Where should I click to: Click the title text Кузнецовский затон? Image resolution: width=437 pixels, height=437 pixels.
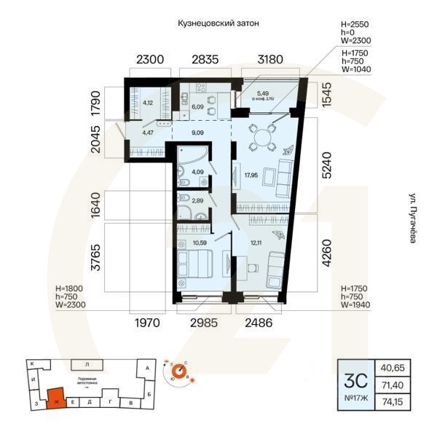pyautogui.click(x=219, y=23)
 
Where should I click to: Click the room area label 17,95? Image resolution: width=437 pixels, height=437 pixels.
pyautogui.click(x=251, y=175)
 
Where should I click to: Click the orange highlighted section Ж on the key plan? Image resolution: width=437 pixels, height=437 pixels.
pyautogui.click(x=55, y=398)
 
